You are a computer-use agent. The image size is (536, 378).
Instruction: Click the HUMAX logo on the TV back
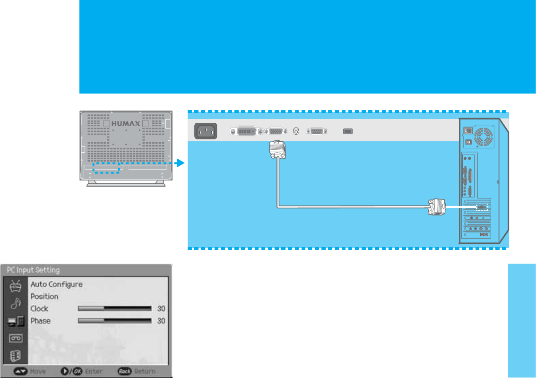[x=125, y=123]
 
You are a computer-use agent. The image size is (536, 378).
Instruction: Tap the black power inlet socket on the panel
[x=206, y=131]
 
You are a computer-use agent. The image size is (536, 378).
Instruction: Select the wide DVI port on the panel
[x=246, y=131]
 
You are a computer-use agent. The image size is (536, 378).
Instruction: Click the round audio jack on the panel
[x=296, y=131]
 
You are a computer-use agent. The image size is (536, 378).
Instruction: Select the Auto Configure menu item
[x=57, y=284]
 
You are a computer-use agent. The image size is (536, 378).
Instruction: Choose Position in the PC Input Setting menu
[x=44, y=297]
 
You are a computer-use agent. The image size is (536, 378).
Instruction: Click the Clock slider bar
[x=114, y=309]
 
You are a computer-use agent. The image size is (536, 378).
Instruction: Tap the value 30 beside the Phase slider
[x=161, y=321]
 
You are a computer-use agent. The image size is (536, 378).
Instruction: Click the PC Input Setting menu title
[x=33, y=270]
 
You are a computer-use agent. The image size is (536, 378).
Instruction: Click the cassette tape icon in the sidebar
[x=15, y=338]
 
